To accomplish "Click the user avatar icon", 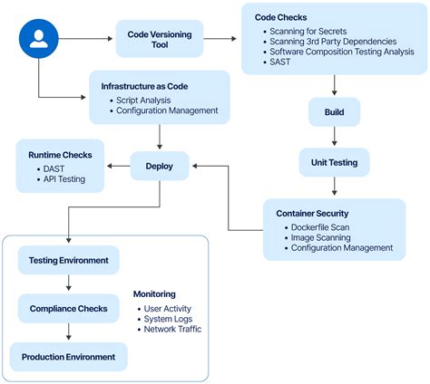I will click(x=38, y=39).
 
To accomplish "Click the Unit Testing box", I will click(x=335, y=163).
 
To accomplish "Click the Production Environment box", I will click(x=69, y=357).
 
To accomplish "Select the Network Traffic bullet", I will click(x=172, y=329).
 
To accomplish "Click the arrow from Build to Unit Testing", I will click(x=335, y=138).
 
